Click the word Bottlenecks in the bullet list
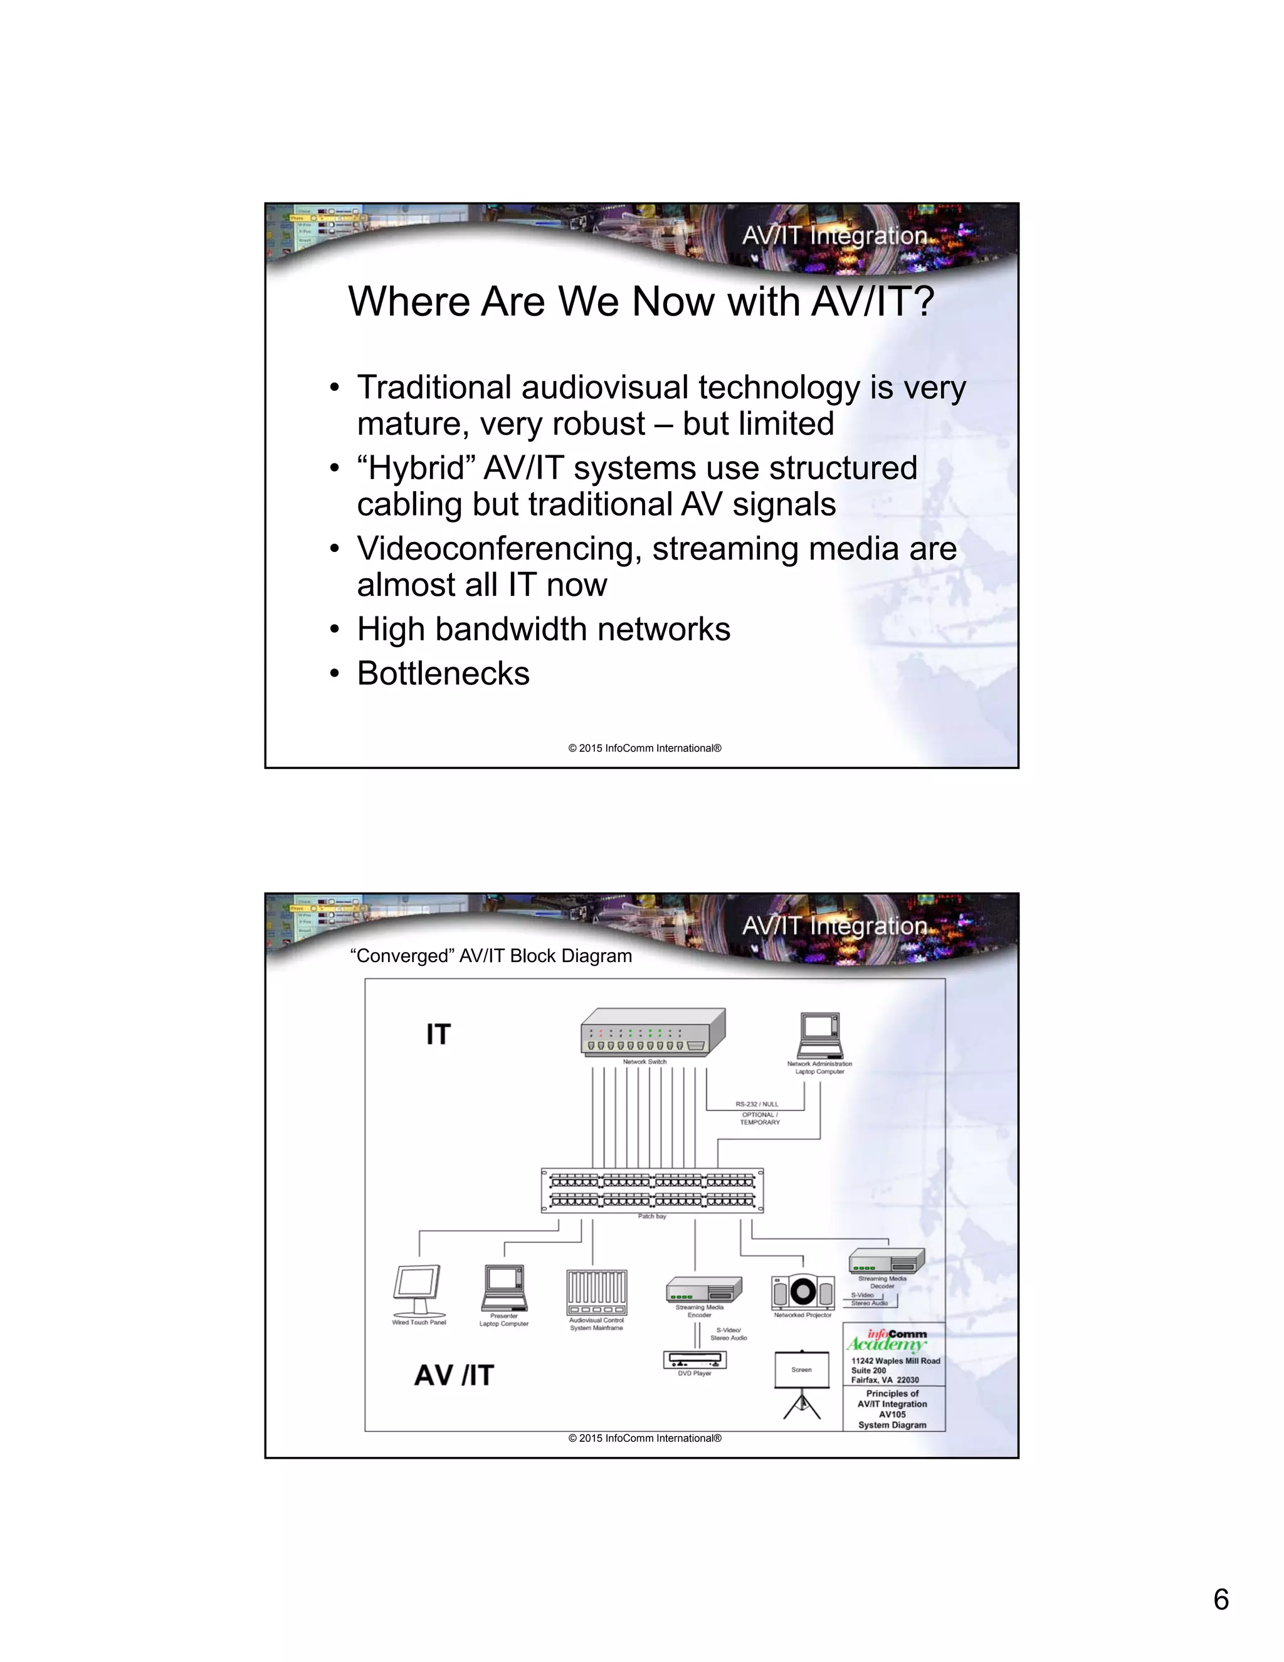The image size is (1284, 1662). (x=443, y=674)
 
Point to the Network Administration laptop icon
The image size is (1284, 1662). (x=820, y=1035)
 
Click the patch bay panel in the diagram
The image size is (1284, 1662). (x=652, y=1190)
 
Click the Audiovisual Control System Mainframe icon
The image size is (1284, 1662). (x=597, y=1292)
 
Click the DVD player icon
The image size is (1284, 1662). (x=695, y=1359)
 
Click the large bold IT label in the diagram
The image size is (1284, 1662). (x=439, y=1034)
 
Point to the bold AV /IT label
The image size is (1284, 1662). (x=454, y=1375)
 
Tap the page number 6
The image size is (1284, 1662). (x=1221, y=1600)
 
